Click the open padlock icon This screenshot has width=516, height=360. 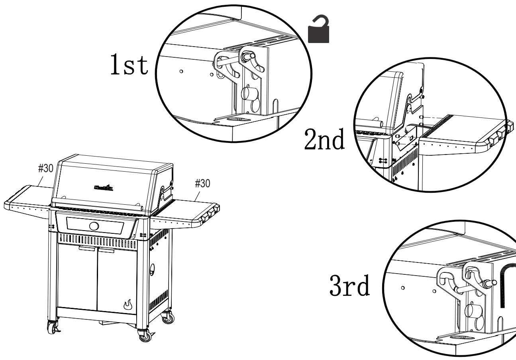coord(319,31)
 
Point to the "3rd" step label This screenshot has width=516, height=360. coord(349,288)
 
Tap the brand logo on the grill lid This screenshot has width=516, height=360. coord(103,187)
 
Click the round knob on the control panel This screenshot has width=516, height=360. coord(94,227)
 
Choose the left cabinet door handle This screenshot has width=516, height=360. coord(87,249)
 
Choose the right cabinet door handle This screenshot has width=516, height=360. coord(106,250)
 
